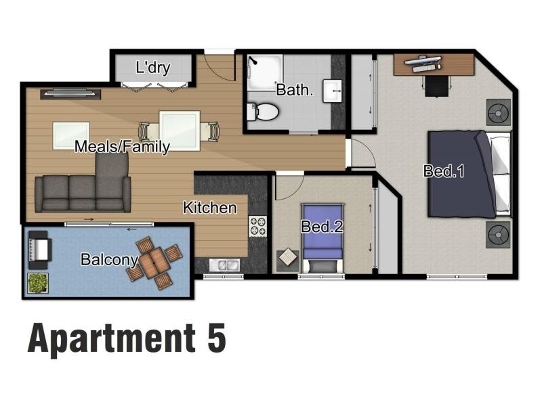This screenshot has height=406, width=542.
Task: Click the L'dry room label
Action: tap(153, 67)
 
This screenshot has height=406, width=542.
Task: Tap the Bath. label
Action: tap(295, 90)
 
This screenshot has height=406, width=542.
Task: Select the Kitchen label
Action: tap(210, 208)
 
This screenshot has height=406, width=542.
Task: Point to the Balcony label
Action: tap(110, 259)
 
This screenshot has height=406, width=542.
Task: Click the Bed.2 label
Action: tap(322, 227)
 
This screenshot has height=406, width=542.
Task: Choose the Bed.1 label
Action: tap(444, 171)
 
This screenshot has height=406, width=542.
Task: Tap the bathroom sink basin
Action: tap(333, 91)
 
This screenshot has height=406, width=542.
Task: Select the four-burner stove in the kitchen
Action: tap(258, 227)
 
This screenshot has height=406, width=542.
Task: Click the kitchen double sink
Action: tap(224, 265)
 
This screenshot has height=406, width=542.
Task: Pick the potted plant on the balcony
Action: tap(38, 283)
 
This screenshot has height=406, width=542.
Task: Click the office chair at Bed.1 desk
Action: tap(437, 87)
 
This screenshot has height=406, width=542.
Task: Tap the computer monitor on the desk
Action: tap(423, 61)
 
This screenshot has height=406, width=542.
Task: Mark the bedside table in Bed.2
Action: tap(287, 261)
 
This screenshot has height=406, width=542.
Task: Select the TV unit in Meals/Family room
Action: tap(70, 94)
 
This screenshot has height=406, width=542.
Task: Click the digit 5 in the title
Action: tap(217, 338)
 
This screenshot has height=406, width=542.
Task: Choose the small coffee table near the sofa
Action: tap(71, 135)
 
